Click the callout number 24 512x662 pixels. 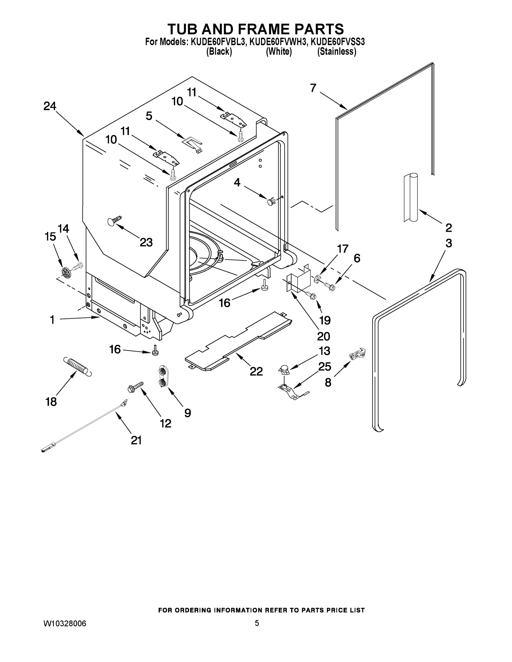[50, 106]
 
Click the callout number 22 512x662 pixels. [256, 371]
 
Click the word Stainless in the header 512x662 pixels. [337, 52]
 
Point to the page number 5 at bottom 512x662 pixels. [257, 623]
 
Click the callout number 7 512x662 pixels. [313, 88]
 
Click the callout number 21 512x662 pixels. [136, 440]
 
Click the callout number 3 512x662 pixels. [449, 243]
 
